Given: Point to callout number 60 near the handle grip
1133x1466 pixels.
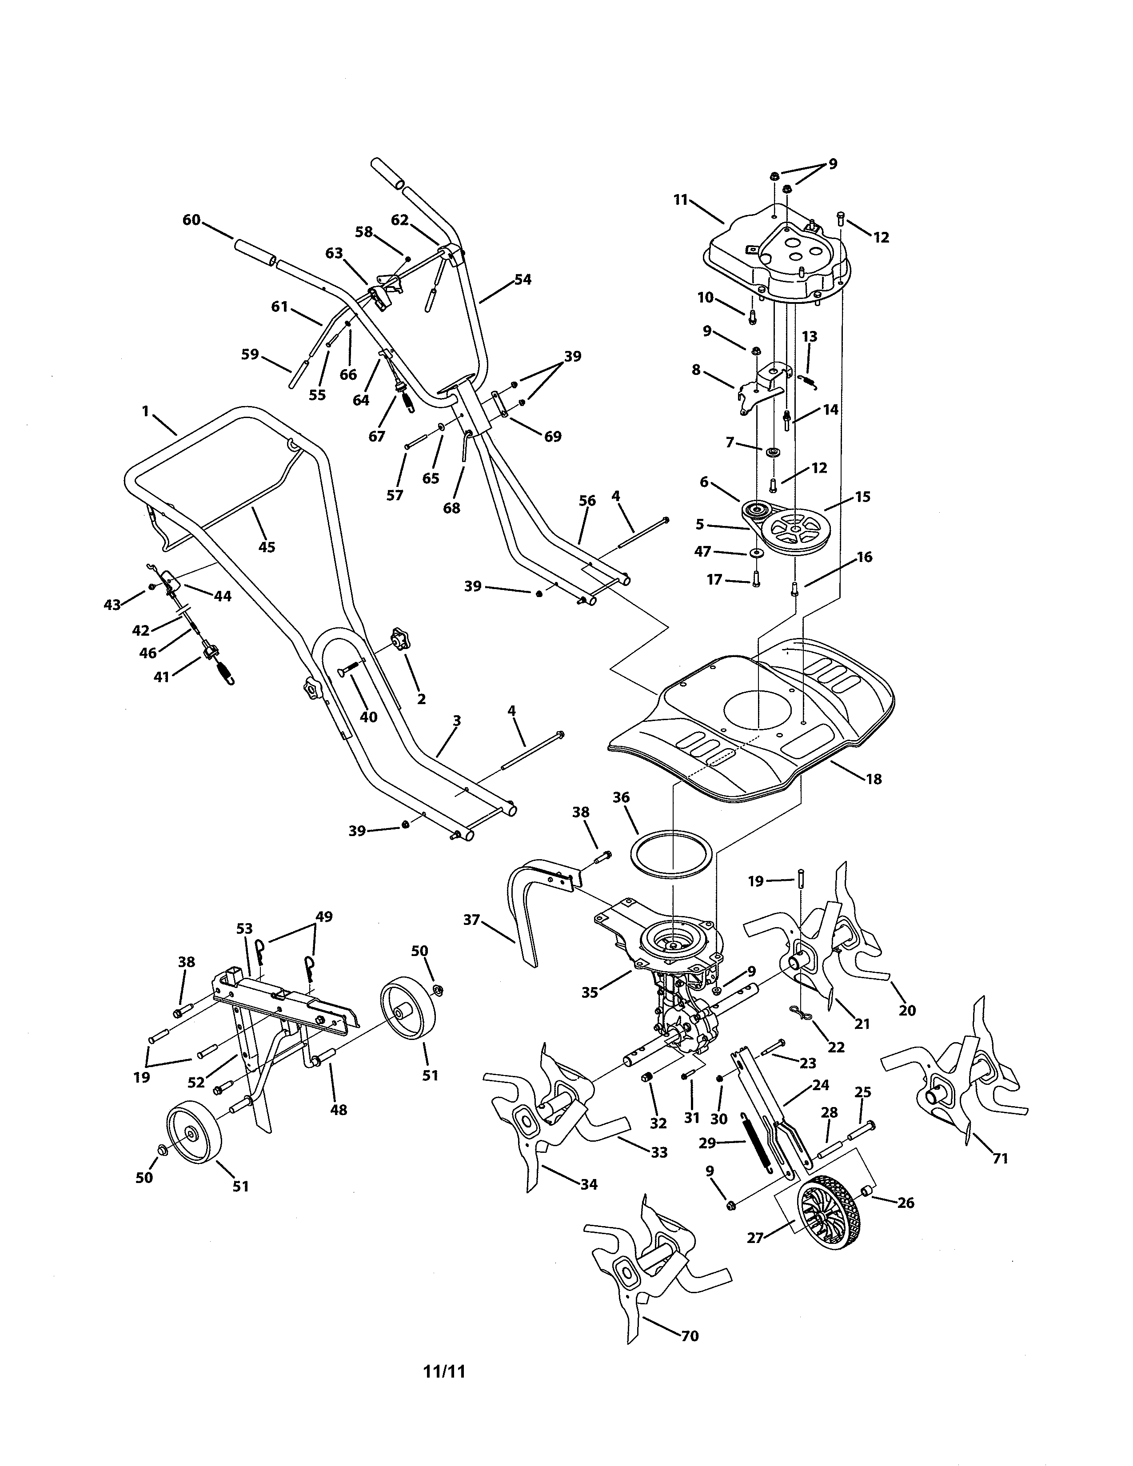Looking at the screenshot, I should point(191,219).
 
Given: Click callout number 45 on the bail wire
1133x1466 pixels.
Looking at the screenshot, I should point(267,547).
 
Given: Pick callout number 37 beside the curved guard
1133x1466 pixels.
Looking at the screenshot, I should point(472,919).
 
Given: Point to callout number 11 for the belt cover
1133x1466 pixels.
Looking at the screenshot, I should point(681,199).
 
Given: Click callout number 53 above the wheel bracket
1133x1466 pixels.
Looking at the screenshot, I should point(244,928).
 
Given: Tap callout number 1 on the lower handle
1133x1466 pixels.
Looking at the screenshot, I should point(145,411).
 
